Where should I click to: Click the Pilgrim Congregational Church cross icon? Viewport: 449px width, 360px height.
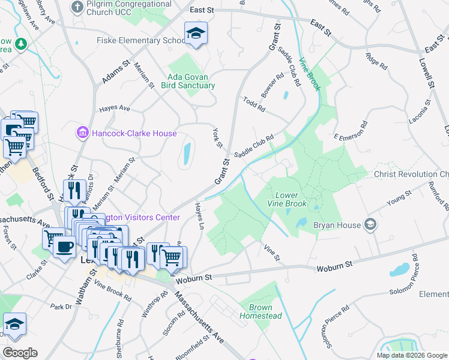(77, 7)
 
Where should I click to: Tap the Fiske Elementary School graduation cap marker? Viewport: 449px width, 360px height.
(196, 34)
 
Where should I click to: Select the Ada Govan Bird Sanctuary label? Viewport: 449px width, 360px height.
(187, 81)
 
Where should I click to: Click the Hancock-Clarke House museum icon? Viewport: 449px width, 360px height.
(82, 133)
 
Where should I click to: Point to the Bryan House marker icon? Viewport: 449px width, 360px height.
(370, 225)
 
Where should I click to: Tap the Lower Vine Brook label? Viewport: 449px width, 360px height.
(291, 200)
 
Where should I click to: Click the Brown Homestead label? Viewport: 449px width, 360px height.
(261, 311)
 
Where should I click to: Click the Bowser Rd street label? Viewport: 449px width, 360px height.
(272, 86)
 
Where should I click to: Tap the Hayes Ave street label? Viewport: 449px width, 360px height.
(115, 108)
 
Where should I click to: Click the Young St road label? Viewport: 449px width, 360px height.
(399, 197)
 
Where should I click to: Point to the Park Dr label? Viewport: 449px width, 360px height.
(61, 307)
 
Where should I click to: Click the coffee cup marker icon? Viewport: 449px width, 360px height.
(64, 246)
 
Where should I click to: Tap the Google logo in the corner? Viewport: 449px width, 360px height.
(20, 353)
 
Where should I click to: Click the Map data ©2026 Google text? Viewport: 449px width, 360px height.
(412, 355)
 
